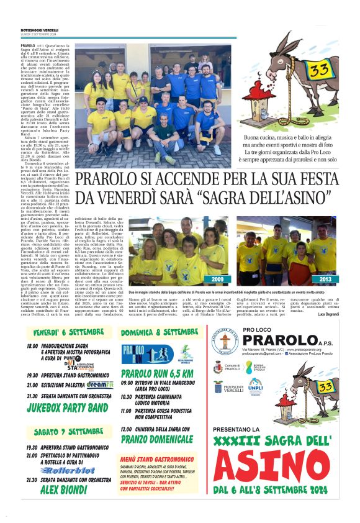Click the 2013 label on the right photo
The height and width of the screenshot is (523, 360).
tap(323, 280)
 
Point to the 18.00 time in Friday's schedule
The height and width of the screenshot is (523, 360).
tap(32, 345)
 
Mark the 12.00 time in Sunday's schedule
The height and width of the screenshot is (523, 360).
tap(127, 429)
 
